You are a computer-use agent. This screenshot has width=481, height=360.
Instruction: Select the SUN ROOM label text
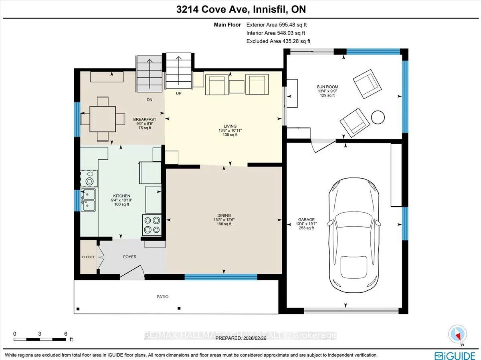click(327, 87)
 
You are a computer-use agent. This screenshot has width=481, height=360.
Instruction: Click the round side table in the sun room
click(378, 117)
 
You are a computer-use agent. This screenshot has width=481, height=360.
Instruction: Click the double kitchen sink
click(89, 200)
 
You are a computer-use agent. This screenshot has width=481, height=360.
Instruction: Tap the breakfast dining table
click(103, 119)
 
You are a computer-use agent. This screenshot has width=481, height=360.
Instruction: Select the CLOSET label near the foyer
click(88, 257)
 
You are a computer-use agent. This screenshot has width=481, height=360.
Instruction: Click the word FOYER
click(130, 257)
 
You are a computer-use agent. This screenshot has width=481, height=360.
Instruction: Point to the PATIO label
click(162, 297)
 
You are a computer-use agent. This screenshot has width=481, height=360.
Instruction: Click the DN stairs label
click(149, 100)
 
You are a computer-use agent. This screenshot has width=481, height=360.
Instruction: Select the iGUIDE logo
click(455, 354)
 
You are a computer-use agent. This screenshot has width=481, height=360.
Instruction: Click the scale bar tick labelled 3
click(40, 334)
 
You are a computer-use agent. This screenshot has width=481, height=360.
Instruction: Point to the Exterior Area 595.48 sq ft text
click(278, 24)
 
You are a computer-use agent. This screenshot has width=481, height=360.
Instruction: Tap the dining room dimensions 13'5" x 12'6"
click(222, 219)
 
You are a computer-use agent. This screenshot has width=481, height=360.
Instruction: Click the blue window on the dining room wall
click(221, 276)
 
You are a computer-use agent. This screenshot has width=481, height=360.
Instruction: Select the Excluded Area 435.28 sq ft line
click(278, 41)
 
